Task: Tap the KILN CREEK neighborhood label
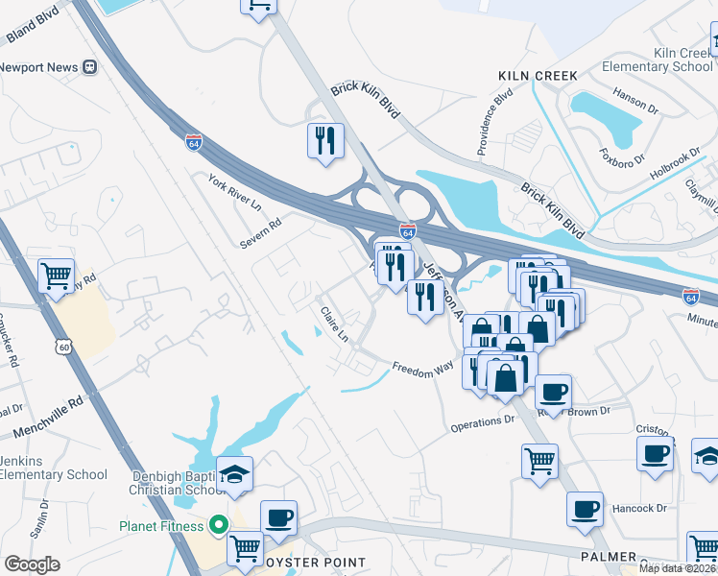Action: [538, 75]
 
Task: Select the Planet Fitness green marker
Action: [218, 525]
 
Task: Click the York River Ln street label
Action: [235, 192]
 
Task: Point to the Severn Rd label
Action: [261, 232]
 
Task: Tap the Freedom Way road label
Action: [422, 369]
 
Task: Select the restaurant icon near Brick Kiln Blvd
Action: [325, 140]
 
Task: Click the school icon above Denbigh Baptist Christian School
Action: [233, 473]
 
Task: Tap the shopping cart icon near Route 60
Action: [57, 276]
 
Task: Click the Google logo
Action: [32, 564]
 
